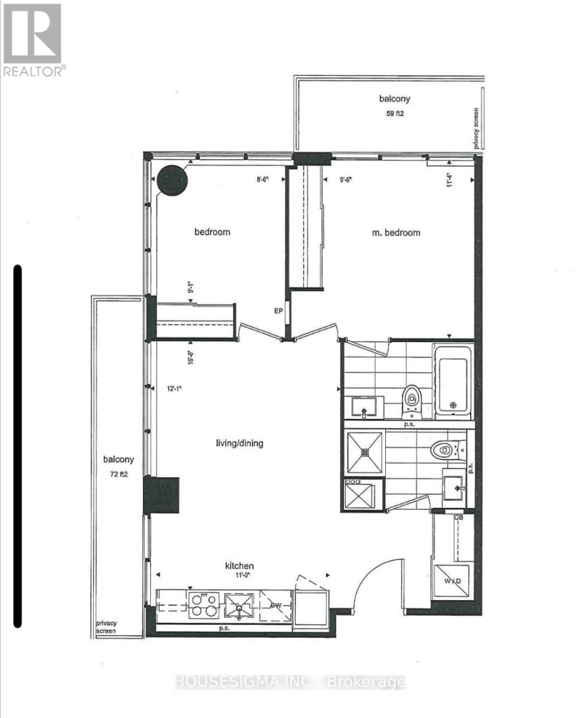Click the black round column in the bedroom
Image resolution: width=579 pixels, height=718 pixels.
click(x=173, y=180)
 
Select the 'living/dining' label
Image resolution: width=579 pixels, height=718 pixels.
click(x=239, y=443)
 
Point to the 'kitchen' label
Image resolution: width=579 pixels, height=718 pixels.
click(x=239, y=565)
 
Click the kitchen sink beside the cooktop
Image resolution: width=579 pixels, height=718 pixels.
click(x=239, y=606)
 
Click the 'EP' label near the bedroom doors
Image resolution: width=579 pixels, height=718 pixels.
click(x=278, y=311)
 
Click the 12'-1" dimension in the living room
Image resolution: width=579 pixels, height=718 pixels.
click(x=174, y=388)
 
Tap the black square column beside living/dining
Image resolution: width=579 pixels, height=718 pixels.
click(x=162, y=494)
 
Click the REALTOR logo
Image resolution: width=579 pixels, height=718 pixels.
click(x=33, y=39)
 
